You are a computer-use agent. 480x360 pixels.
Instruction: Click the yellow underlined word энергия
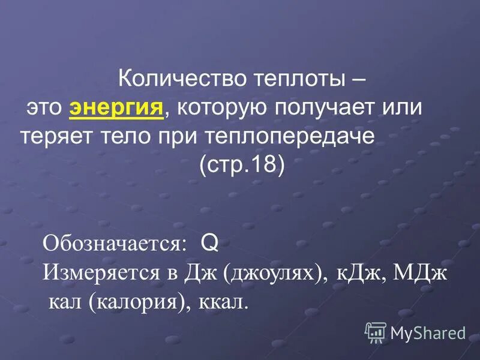[x=117, y=109]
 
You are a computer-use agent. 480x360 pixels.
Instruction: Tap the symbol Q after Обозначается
[x=209, y=243]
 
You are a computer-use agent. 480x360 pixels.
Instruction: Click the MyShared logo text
[x=428, y=332]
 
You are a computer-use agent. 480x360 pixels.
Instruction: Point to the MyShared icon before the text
[x=376, y=331]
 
